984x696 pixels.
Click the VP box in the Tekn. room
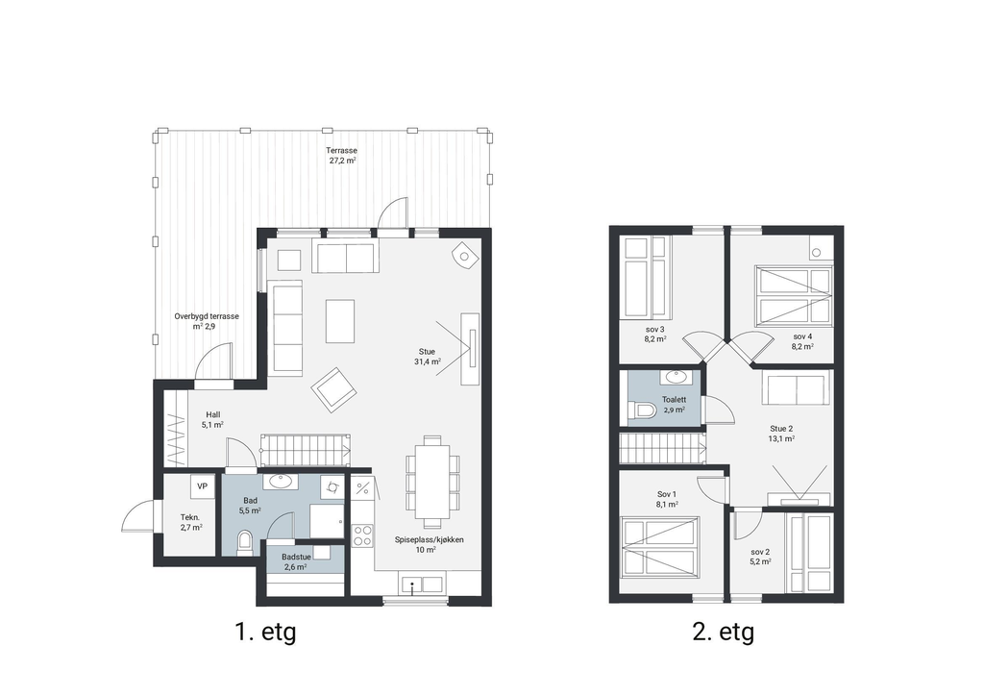202,486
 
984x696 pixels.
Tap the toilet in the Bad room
245,542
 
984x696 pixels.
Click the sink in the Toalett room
676,377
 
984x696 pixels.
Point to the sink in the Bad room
280,482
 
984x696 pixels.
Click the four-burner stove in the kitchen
362,535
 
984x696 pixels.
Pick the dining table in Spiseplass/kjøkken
432,481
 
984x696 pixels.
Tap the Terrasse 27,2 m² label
341,156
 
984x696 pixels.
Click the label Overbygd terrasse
207,316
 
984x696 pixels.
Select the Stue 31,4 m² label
427,357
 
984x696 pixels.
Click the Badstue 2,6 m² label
296,561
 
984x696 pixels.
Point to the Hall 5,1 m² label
212,420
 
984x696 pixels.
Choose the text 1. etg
265,632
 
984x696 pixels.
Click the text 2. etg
723,632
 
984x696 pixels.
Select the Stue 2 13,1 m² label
781,434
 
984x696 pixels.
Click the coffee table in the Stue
339,321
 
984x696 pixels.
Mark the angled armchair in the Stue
333,389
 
